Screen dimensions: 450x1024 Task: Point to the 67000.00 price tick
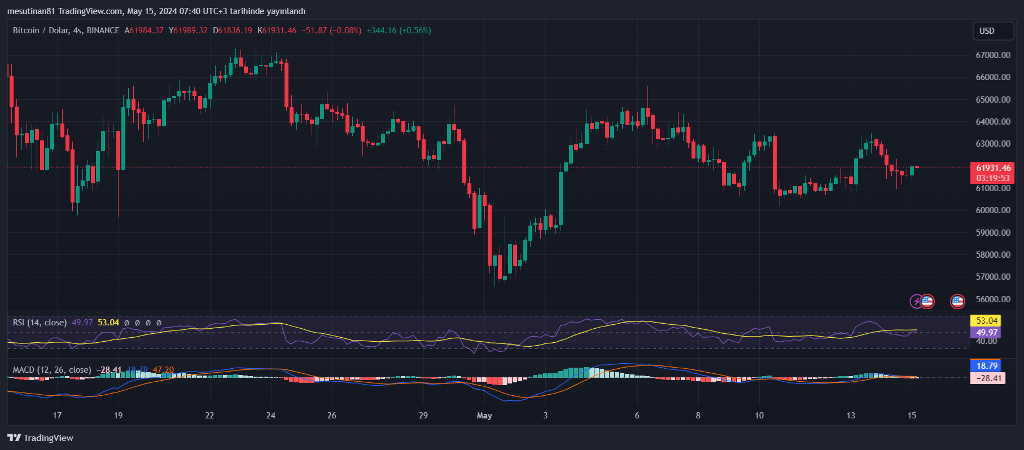coord(993,55)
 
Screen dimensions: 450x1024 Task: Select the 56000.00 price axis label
coord(993,299)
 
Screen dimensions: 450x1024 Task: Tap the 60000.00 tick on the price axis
coord(993,210)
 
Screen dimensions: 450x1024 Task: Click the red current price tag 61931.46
coord(993,168)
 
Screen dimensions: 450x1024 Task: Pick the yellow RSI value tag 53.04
coord(986,321)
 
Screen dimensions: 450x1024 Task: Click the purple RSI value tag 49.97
coord(986,333)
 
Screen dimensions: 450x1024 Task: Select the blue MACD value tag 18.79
coord(987,366)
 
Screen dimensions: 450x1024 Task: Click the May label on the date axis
coord(484,416)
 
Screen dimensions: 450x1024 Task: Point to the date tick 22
coord(209,416)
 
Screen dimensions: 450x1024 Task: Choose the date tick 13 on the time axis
coord(851,416)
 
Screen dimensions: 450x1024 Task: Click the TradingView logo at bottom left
coord(40,438)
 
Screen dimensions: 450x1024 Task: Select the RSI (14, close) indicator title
coord(40,323)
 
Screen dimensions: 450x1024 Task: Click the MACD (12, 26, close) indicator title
coord(52,370)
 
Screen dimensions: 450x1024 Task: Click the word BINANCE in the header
coord(103,30)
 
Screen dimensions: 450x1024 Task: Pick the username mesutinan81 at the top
coord(30,11)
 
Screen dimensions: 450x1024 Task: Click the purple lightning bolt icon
coord(916,301)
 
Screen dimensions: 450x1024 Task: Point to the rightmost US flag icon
coord(957,301)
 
